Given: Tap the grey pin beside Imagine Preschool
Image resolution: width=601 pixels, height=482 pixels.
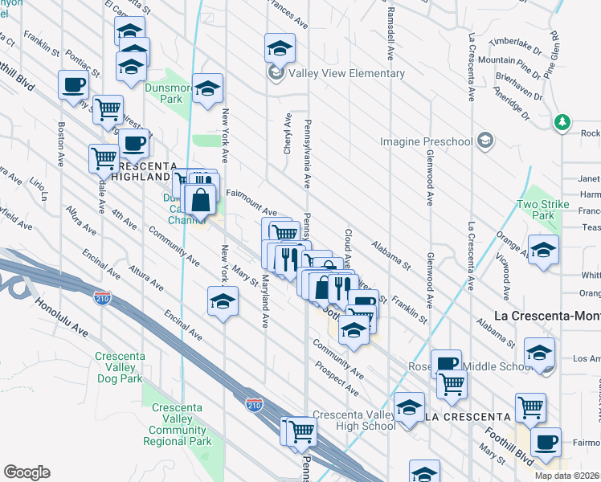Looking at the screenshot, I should coord(484,141).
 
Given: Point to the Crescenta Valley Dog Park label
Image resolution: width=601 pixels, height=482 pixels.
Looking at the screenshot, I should coord(118,367).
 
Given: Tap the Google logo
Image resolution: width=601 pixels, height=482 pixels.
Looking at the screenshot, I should coord(27,472).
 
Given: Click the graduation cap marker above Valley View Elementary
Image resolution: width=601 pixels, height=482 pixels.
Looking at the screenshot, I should coord(279,47).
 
